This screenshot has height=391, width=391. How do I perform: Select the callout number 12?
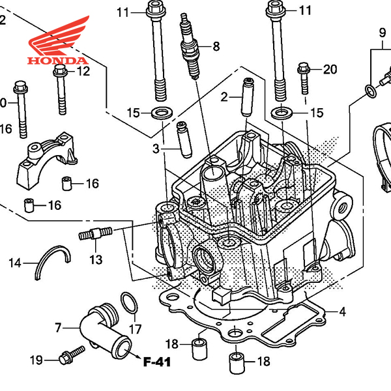[83, 72]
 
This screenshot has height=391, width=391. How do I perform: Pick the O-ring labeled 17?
[129, 302]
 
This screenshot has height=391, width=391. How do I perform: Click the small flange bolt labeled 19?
[70, 355]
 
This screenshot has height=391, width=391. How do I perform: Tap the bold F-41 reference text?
[156, 360]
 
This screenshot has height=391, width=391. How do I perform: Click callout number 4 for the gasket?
[341, 312]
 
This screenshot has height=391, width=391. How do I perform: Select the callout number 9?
[383, 32]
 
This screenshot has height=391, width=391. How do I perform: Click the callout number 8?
[216, 46]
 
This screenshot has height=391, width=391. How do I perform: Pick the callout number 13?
[96, 260]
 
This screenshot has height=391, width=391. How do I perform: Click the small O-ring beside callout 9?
[369, 90]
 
